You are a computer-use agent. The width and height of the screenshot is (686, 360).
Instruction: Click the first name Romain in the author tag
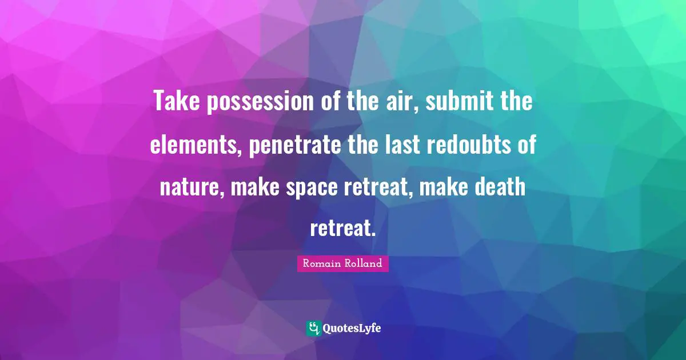click(x=321, y=264)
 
